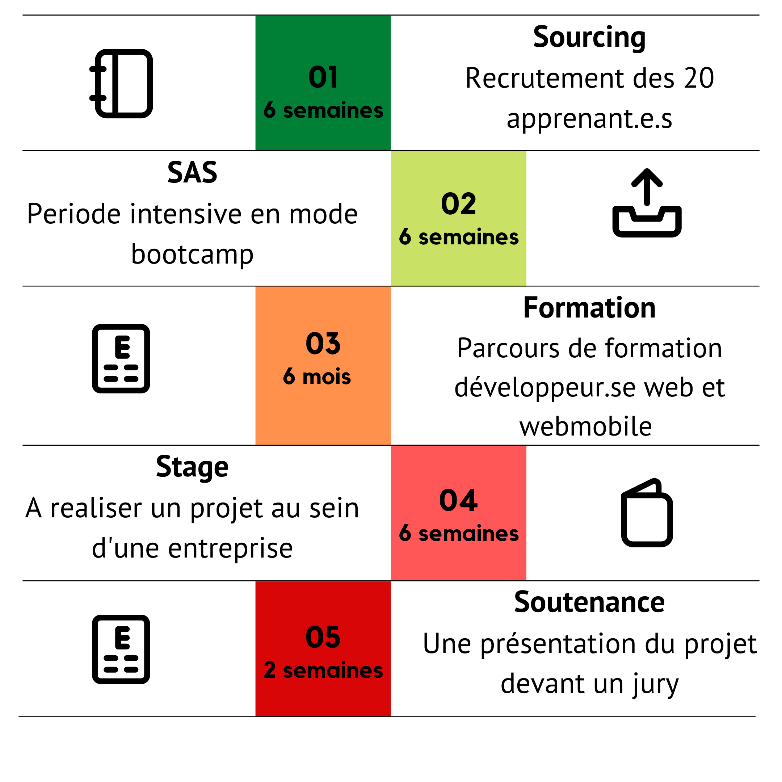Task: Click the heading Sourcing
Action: click(x=589, y=38)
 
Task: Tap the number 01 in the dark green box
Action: click(x=323, y=77)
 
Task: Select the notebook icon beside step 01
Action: click(x=121, y=83)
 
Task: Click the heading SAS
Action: click(x=192, y=172)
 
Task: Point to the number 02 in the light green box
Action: click(x=458, y=203)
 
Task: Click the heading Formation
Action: click(x=589, y=308)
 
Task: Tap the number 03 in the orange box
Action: click(x=323, y=344)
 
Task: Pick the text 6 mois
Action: click(x=317, y=377)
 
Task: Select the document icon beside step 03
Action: click(x=121, y=359)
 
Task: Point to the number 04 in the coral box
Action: click(x=458, y=500)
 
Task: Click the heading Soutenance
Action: click(x=589, y=602)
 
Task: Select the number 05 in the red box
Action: click(x=323, y=637)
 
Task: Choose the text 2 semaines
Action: click(x=323, y=670)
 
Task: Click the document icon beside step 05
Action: click(x=121, y=649)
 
